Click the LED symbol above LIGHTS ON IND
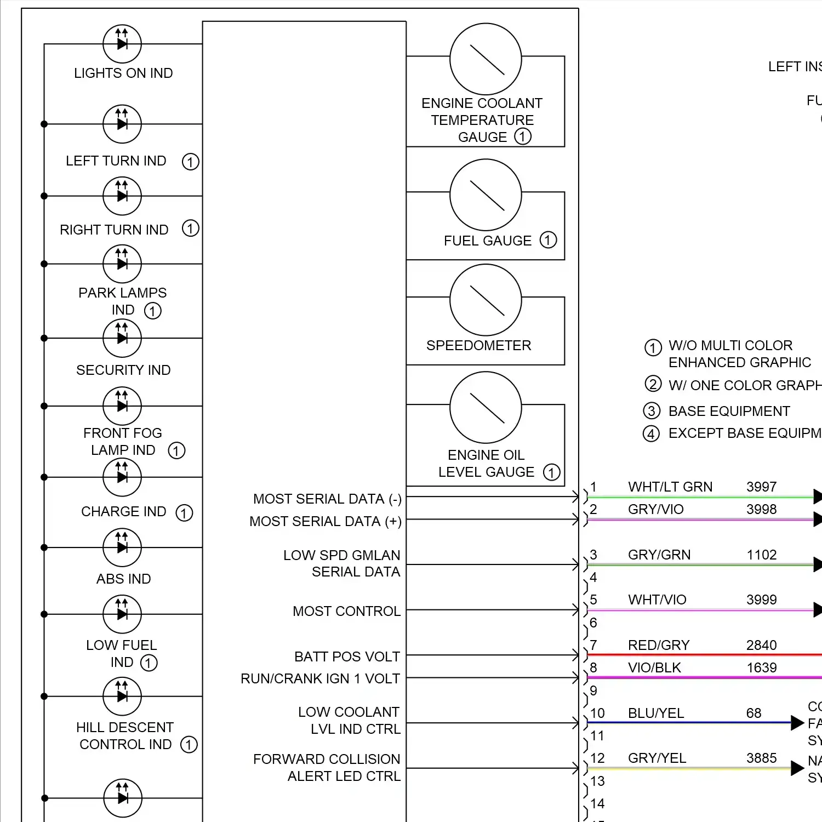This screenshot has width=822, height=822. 122,44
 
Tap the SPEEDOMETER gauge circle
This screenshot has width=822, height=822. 486,300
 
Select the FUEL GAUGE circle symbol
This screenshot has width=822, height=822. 486,195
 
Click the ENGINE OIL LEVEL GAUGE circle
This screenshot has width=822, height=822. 486,407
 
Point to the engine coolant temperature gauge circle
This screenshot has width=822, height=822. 486,59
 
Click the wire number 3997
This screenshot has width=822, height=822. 761,487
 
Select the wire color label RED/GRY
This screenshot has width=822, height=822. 658,645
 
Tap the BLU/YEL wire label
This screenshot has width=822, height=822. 656,713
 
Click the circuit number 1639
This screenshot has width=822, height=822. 761,667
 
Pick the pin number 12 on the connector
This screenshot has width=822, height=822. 597,758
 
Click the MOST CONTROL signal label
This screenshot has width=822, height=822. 346,611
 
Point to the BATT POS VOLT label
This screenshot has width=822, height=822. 347,657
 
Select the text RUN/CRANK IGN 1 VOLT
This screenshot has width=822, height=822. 320,678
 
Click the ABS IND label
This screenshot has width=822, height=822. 123,579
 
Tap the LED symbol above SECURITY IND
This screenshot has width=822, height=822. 122,338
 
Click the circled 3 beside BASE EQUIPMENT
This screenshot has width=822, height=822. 651,411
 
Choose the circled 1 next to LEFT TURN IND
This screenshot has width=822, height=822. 190,162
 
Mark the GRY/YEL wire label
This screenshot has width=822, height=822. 657,758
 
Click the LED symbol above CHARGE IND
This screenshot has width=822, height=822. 122,477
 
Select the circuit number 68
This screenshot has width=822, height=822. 754,713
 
